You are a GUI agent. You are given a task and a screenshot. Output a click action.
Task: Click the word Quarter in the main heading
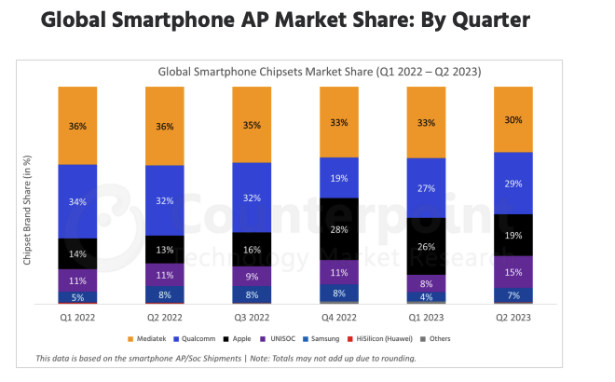pyautogui.click(x=473, y=21)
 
